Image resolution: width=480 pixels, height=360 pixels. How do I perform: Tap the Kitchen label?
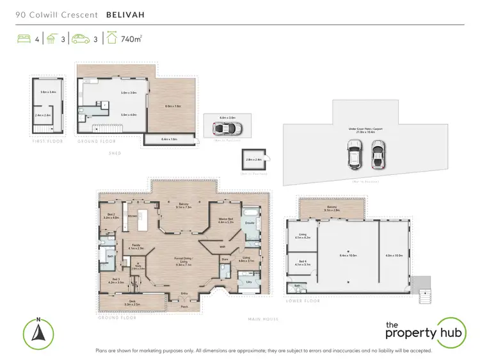pos(134,217)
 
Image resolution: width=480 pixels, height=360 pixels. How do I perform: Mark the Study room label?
pos(137,266)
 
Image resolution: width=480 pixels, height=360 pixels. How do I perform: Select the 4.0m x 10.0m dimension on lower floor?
pos(393,256)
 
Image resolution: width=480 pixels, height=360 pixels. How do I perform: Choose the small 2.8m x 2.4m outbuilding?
pos(251,160)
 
